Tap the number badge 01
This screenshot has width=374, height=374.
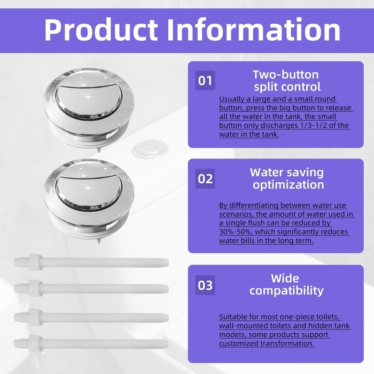coord(205,81)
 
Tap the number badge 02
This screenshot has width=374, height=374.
coord(205,179)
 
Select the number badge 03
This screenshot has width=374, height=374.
coord(205,285)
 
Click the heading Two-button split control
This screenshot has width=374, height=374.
coord(286,80)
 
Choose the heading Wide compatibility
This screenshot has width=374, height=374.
coord(286,285)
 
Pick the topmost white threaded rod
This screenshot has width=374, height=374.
coord(93,263)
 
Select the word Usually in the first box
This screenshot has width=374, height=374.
coord(233,99)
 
